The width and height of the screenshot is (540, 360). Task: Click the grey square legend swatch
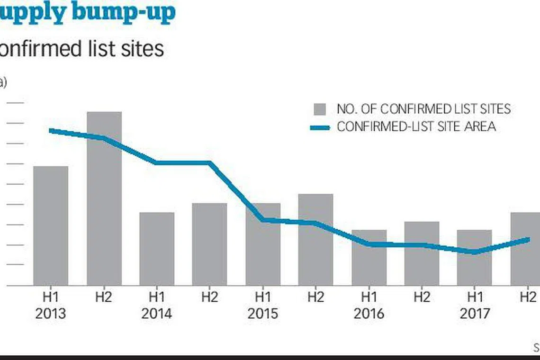[x=320, y=109]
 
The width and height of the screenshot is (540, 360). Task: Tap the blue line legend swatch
[x=320, y=127]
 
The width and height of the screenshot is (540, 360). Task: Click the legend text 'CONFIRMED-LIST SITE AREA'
[x=416, y=127]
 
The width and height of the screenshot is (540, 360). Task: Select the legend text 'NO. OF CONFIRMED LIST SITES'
[x=423, y=109]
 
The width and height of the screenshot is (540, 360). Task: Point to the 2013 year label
[x=50, y=314]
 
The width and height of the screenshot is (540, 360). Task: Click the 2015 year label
[x=262, y=314]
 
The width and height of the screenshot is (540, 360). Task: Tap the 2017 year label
[x=474, y=314]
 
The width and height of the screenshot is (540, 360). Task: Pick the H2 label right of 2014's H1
[x=209, y=297]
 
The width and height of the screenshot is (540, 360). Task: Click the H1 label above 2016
[x=369, y=297]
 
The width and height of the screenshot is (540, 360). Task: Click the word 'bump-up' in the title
[x=124, y=12]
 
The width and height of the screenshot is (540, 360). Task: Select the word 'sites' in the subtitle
[x=142, y=49]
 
